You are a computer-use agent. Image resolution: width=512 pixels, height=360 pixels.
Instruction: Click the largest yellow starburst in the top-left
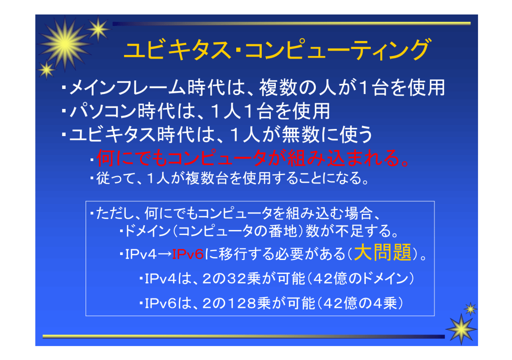tap(65, 44)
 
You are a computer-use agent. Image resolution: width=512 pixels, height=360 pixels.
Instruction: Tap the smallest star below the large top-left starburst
tap(47, 70)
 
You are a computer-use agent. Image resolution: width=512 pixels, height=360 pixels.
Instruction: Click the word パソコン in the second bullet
tap(103, 111)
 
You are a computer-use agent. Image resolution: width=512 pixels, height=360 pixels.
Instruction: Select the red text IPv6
tap(188, 254)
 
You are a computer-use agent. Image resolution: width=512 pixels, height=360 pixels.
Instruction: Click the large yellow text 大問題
tap(383, 252)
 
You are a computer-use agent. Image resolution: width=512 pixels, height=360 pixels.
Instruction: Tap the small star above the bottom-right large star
tap(470, 308)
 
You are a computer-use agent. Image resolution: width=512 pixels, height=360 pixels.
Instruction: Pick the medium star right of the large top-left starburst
tap(98, 29)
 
